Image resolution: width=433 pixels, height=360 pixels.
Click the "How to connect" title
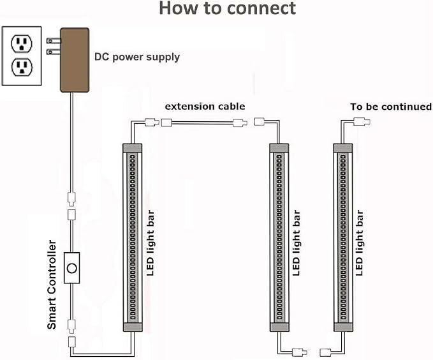227,8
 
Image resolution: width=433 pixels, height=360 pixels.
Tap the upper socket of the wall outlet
22,43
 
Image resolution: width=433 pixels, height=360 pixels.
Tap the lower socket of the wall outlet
22,68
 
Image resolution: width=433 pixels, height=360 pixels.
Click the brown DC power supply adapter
75,60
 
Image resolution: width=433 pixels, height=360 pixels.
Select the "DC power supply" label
137,57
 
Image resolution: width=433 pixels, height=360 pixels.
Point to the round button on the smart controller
72,268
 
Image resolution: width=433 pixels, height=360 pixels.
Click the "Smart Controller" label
52,285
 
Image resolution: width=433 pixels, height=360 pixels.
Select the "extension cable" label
205,107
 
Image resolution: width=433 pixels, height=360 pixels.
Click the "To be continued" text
391,107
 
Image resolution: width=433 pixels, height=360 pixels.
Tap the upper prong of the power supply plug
54,41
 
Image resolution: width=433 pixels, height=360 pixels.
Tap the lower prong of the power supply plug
54,52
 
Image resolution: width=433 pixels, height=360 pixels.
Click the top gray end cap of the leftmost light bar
132,147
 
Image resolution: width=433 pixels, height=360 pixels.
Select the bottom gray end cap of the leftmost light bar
133,327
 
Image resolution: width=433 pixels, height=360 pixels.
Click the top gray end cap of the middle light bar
279,147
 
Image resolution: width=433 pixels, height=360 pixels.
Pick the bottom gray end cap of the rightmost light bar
343,327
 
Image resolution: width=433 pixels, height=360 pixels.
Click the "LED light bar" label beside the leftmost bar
150,243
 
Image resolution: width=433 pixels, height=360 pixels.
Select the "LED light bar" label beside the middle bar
296,243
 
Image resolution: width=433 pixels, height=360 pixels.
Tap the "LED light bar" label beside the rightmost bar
359,243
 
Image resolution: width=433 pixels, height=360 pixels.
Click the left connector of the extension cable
166,123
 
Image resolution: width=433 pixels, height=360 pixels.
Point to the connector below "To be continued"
362,121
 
